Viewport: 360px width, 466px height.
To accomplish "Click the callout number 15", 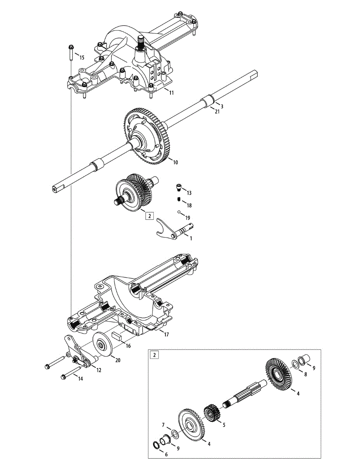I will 82,58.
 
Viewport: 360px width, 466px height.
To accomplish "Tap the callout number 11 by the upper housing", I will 171,93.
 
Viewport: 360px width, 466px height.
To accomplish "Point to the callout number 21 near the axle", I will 217,111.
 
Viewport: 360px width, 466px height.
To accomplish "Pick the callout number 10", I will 175,163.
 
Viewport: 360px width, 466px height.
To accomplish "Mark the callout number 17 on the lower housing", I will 166,335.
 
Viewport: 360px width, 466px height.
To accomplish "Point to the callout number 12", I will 99,370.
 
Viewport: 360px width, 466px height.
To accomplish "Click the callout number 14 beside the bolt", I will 80,379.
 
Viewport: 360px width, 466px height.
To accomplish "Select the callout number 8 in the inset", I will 305,374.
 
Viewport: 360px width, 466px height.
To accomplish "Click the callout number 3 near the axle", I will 222,106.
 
